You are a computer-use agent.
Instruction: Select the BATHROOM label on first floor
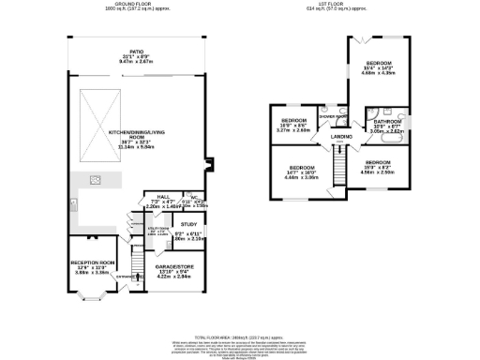(x=387, y=121)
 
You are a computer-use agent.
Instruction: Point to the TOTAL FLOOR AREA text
(x=239, y=336)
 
